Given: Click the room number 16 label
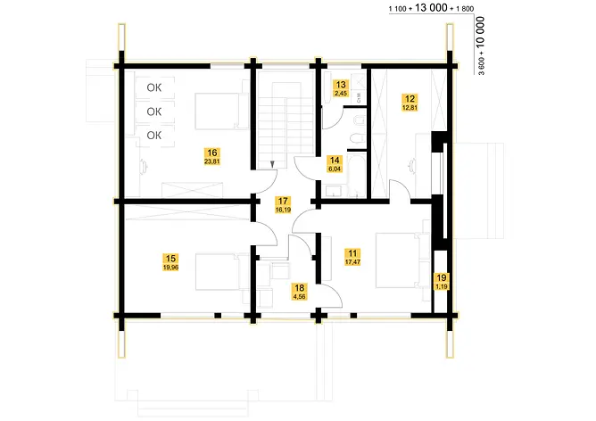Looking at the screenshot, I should (211, 152).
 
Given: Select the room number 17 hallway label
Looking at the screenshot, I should (283, 202).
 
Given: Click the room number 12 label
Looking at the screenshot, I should (410, 98).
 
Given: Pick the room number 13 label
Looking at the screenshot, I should (340, 84).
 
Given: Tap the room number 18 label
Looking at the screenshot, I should (299, 287).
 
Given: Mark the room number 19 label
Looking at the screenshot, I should (442, 278).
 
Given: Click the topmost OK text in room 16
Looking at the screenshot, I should (154, 87).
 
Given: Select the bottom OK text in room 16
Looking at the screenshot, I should (154, 135).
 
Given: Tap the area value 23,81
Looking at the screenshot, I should (211, 162).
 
